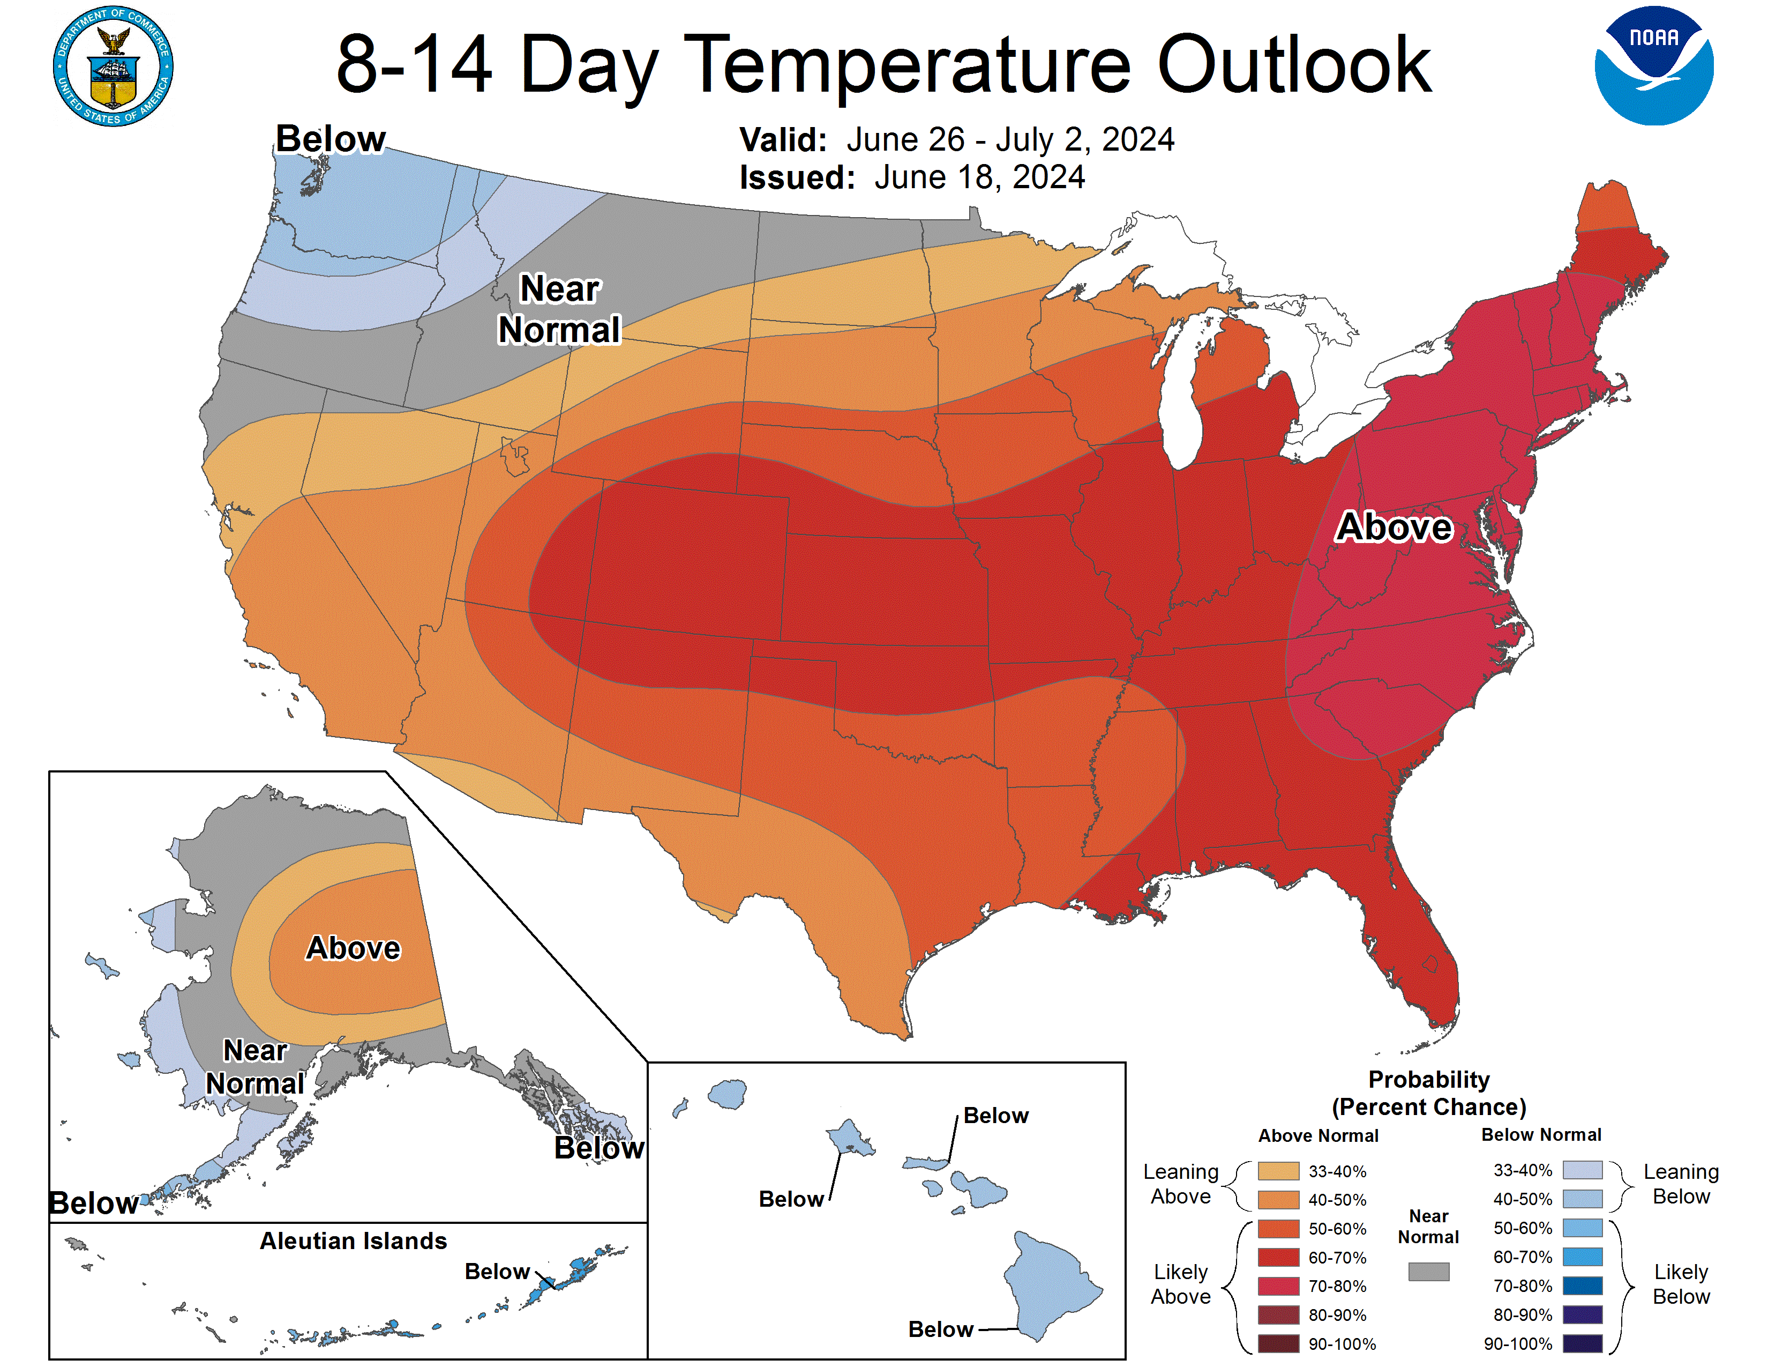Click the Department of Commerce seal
[114, 66]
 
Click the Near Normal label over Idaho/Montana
[559, 309]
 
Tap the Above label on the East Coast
[1394, 526]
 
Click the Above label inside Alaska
[353, 947]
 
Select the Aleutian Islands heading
[353, 1240]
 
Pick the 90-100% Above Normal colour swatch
[1278, 1343]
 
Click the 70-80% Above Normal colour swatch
[1278, 1286]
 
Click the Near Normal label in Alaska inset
[255, 1067]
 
